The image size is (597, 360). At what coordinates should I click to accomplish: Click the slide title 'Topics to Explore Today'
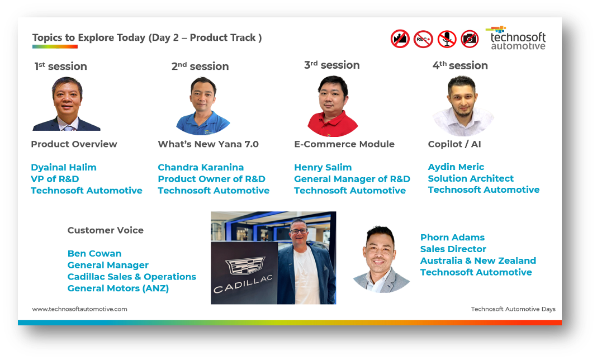[89, 37]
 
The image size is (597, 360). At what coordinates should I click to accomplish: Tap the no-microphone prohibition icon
[447, 39]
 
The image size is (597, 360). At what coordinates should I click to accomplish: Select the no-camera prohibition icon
[470, 39]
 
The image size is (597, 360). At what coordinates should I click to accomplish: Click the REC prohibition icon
[423, 39]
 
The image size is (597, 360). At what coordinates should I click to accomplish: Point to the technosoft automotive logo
[516, 37]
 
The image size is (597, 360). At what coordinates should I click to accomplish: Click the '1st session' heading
[60, 67]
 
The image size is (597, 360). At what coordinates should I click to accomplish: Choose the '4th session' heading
[460, 65]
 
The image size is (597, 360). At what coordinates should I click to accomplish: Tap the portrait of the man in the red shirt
[333, 106]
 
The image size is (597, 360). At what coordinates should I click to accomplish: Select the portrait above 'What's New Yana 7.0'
[202, 106]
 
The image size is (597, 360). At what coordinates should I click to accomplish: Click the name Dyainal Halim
[64, 167]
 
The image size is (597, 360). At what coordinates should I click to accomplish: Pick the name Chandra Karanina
[201, 167]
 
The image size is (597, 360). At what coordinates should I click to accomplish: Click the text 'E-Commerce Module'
[344, 144]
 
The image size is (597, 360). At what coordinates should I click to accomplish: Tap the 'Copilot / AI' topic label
[454, 144]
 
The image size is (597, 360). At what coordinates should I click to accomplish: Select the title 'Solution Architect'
[471, 178]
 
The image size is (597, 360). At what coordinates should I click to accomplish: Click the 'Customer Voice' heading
[106, 230]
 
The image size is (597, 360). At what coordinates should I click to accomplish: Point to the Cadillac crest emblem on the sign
[245, 265]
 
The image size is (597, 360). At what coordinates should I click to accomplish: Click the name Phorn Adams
[452, 238]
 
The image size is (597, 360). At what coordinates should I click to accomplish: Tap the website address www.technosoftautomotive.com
[79, 309]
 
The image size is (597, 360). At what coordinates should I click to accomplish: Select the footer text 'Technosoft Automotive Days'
[513, 309]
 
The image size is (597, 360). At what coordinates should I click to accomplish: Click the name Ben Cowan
[94, 253]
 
